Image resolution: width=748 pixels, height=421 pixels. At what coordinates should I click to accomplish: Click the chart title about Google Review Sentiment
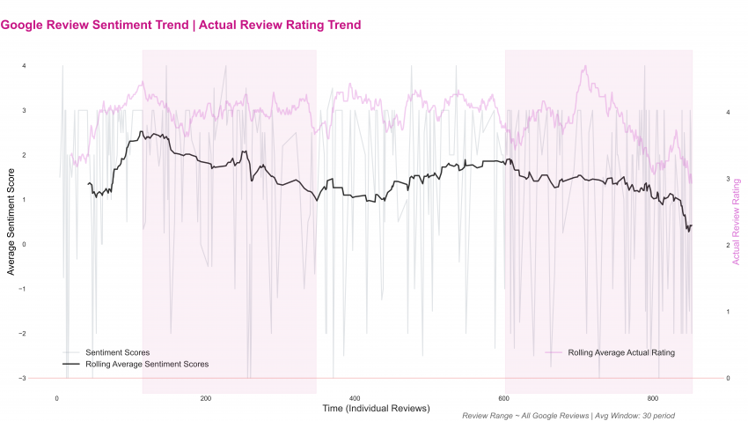(180, 25)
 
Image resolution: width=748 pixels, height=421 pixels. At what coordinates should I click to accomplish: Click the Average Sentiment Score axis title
(11, 223)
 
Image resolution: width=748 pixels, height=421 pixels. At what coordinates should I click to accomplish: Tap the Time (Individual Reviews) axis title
(376, 408)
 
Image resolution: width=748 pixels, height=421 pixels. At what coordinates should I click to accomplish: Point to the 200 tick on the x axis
(206, 397)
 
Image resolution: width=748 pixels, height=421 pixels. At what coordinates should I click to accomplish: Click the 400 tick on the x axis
(355, 397)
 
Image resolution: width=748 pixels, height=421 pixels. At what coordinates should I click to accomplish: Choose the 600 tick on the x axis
(504, 397)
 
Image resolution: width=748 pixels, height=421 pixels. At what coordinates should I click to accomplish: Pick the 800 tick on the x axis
(653, 397)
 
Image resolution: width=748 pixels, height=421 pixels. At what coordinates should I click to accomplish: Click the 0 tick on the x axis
(57, 397)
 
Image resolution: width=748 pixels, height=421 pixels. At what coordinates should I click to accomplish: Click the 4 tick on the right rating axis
(728, 113)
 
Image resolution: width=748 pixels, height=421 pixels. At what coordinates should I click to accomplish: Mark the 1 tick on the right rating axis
(728, 312)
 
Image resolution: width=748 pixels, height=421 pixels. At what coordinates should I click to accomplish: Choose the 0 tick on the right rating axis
(728, 379)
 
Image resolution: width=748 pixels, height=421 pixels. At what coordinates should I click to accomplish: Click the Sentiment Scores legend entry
(117, 352)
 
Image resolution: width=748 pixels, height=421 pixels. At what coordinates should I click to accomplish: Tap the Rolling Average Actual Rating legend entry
(621, 352)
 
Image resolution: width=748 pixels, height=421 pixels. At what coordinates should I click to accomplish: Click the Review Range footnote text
(568, 415)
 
